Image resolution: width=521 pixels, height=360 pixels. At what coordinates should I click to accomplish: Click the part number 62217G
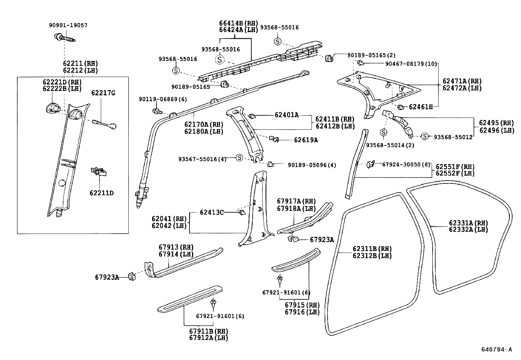click(103, 93)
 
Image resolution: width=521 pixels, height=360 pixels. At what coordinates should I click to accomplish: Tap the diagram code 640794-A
click(496, 350)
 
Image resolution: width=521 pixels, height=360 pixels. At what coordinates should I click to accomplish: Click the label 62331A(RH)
click(468, 223)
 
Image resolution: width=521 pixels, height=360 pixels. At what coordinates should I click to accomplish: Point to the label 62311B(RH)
click(372, 249)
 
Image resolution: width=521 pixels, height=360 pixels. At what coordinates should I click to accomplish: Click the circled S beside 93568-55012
click(424, 136)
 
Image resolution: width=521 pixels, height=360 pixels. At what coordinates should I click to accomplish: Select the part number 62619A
click(306, 140)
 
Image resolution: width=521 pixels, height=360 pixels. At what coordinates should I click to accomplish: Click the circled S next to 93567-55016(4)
click(239, 158)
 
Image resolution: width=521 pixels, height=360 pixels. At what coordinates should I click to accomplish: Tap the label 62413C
click(212, 212)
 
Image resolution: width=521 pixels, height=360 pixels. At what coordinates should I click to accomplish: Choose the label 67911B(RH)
click(208, 331)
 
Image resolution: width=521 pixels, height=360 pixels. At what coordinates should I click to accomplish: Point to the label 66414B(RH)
click(238, 23)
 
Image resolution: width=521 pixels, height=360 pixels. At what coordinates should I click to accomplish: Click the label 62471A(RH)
click(462, 81)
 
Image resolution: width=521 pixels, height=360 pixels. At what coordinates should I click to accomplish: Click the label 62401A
click(287, 115)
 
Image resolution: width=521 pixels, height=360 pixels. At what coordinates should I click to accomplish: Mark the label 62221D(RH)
click(62, 82)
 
